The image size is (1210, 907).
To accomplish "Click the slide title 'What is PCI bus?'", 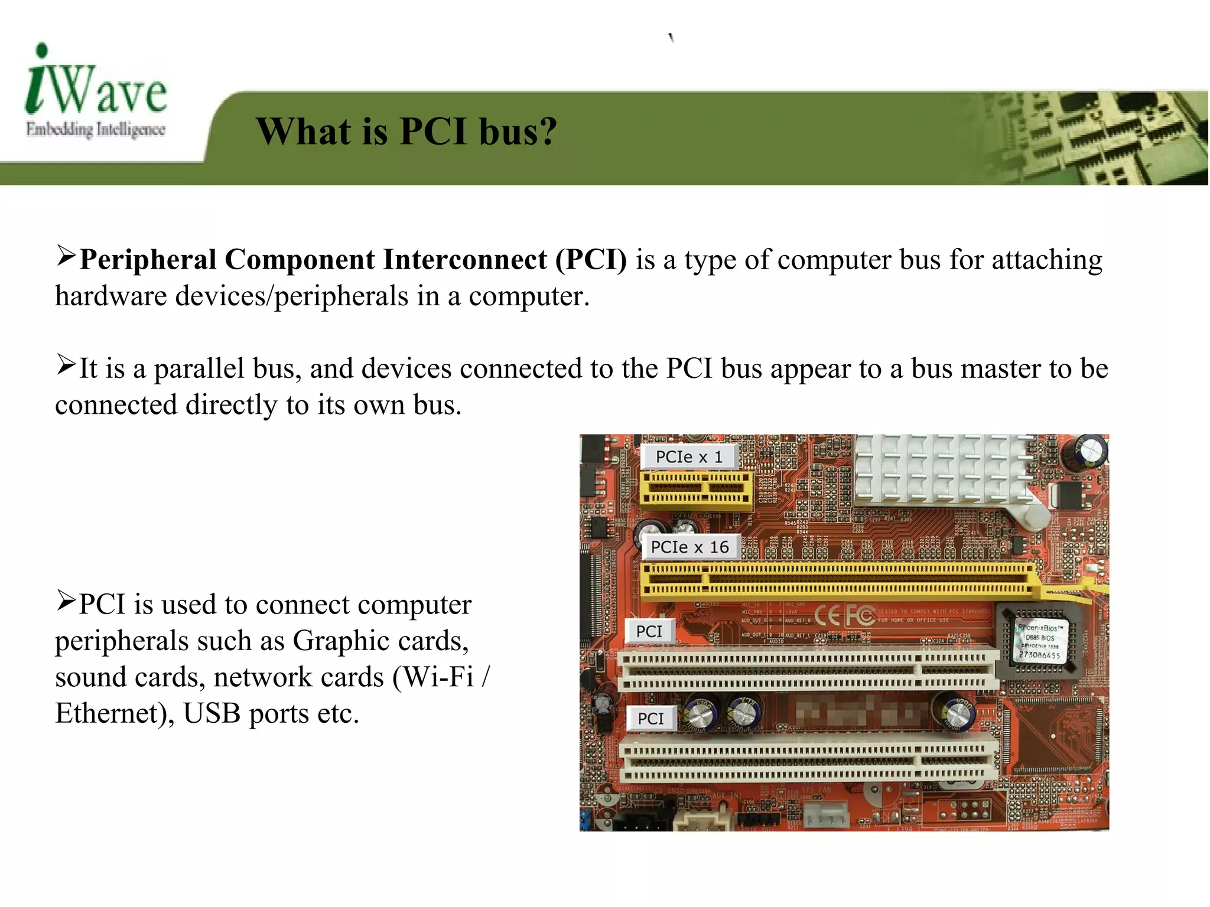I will point(406,131).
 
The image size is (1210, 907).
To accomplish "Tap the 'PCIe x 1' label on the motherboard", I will point(689,457).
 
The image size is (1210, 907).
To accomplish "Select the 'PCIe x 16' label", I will point(689,547).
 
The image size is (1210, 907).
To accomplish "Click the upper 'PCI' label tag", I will point(649,631).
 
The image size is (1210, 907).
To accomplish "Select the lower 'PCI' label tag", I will point(650,719).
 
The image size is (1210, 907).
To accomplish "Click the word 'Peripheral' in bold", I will point(148,260).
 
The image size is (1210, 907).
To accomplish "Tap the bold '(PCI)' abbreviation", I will point(591,260).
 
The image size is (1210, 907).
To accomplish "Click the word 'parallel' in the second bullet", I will point(199,369).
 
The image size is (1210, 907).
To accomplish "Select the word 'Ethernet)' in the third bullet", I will point(115,713).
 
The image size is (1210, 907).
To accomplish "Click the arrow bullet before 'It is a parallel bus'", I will point(66,364).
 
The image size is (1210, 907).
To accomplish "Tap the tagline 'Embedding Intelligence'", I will point(95,129).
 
